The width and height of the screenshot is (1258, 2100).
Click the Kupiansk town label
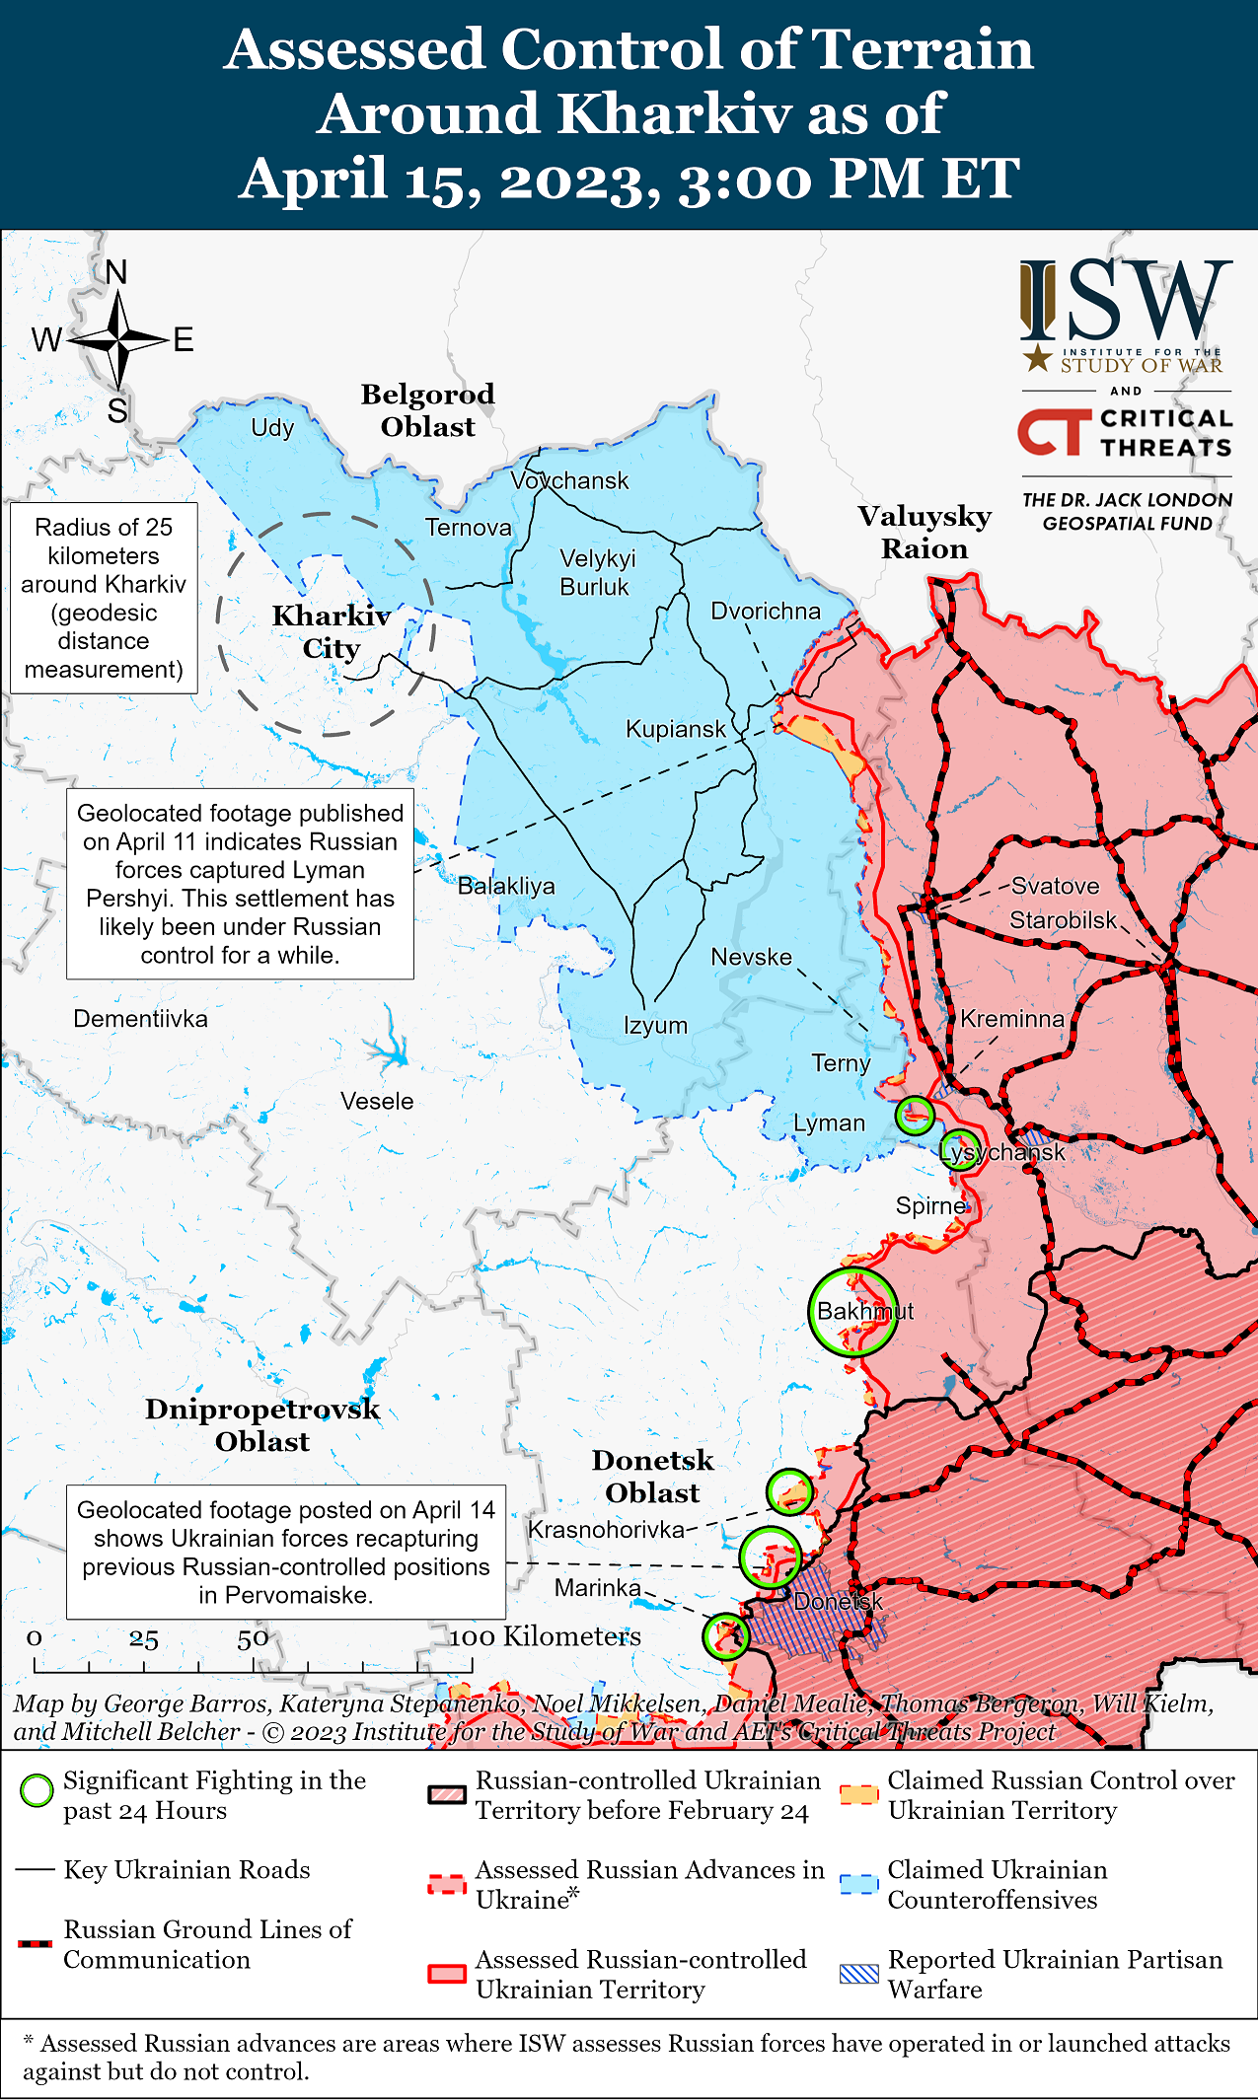675,729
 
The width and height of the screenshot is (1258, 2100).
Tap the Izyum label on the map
655,1025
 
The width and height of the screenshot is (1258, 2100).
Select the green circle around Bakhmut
853,1311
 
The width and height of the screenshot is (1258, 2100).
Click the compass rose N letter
116,273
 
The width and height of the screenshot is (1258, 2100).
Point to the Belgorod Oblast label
427,410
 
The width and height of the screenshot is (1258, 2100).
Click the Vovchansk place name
569,480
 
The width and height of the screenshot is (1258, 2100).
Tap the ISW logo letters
1126,301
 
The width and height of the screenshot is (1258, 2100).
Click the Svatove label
1055,886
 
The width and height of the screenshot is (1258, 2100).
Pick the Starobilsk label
1063,920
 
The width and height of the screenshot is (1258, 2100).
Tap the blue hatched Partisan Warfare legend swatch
858,1974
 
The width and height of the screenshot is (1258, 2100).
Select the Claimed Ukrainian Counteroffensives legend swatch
858,1884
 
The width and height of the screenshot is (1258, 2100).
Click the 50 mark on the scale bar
253,1640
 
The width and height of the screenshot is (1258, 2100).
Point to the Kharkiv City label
332,631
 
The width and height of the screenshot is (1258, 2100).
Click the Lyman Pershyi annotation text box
240,884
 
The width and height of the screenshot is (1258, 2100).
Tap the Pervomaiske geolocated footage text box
286,1552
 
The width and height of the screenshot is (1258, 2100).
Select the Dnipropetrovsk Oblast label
262,1424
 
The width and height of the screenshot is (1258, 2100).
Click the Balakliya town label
506,886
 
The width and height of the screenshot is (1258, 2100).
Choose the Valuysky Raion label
925,532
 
